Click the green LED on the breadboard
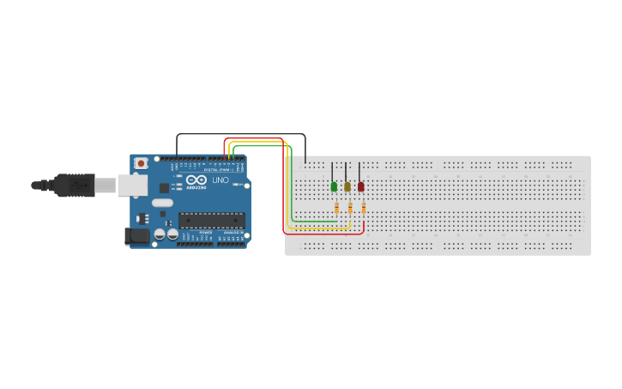pos(334,186)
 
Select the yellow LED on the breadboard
pos(347,186)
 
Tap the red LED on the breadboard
pos(360,186)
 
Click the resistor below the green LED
pos(337,208)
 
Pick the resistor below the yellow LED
pos(350,208)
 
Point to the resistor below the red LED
pos(364,208)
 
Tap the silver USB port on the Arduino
pos(131,185)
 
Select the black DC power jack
pos(137,235)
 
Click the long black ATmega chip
pos(211,220)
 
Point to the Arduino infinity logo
pos(196,180)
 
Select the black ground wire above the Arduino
pos(240,134)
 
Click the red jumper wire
pos(283,198)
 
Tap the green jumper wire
pos(292,189)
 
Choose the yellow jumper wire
pos(287,193)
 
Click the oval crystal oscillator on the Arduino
pos(162,204)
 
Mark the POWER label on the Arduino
pos(206,233)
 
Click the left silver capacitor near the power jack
pos(159,234)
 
